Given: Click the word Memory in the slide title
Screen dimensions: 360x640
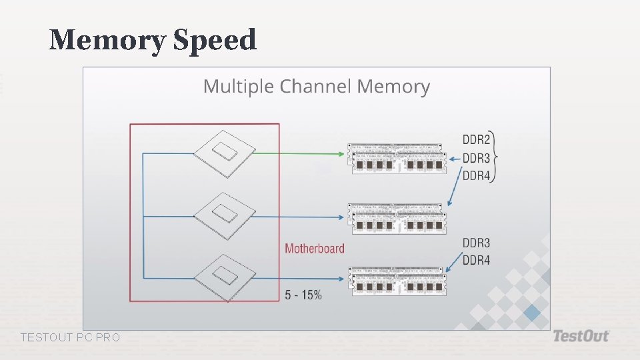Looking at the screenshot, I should coord(107,41).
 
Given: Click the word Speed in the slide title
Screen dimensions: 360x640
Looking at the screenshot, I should coord(215,41).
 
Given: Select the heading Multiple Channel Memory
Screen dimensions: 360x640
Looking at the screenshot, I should coord(316,87).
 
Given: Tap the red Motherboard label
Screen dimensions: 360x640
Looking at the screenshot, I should coord(315,249).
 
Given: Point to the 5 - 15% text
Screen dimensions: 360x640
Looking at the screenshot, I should coord(303,294).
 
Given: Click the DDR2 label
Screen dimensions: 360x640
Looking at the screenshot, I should coord(476,140).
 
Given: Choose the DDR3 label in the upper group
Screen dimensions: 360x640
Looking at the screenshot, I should coord(476,158).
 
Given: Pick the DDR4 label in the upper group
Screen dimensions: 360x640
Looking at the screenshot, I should coord(476,176).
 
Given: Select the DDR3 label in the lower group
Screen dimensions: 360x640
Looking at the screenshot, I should coord(476,243).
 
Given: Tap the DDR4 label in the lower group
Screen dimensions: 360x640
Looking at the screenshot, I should coord(476,261).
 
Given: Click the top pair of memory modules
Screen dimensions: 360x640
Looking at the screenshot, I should coord(397,159).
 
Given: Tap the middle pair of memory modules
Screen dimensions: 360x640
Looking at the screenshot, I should coord(397,219).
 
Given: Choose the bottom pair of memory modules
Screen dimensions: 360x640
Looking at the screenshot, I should coord(397,281).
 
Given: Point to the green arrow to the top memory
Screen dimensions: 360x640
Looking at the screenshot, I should coord(300,153).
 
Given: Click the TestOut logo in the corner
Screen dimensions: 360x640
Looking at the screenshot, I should coord(581,336).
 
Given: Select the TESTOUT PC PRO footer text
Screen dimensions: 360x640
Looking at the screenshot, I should coord(71,338).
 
